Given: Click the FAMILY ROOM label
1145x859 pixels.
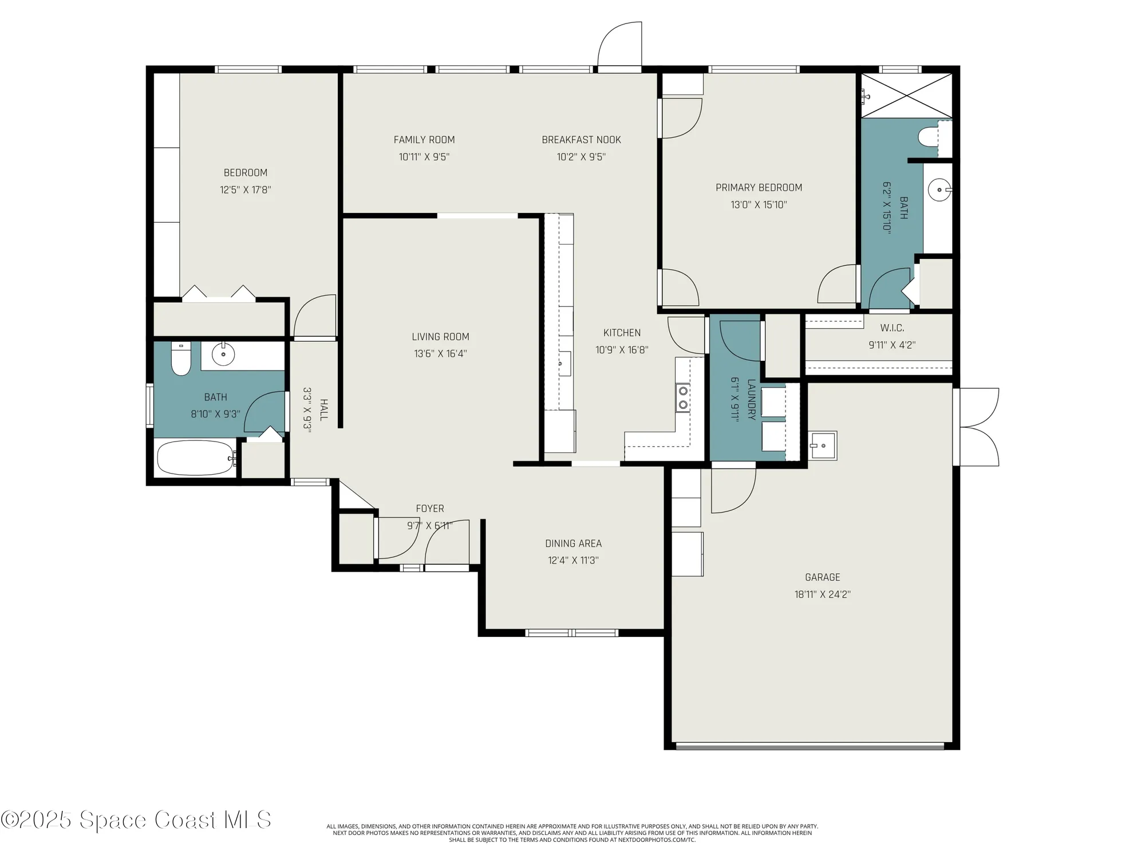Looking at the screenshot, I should (x=424, y=140).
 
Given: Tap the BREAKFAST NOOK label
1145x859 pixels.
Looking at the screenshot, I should (x=581, y=140).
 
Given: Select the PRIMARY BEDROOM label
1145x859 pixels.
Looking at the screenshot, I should (x=759, y=187).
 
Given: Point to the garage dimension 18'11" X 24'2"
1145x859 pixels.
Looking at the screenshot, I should (x=822, y=594).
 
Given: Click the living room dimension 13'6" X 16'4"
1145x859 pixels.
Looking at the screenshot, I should (x=440, y=354).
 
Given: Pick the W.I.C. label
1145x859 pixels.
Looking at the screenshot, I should (x=892, y=328).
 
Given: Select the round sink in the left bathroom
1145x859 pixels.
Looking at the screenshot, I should (x=223, y=355).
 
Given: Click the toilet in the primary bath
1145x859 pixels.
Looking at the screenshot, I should (x=927, y=137).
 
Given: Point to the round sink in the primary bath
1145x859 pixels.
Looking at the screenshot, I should (x=939, y=190).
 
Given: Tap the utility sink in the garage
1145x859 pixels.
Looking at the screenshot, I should (x=823, y=446).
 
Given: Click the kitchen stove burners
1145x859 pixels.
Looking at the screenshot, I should (x=682, y=397).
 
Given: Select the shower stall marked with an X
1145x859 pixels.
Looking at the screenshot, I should (x=907, y=96).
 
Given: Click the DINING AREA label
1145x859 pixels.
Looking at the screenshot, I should (x=573, y=543).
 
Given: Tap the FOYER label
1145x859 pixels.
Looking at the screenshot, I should (x=430, y=509).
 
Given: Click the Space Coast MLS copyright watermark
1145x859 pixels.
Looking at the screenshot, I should (x=136, y=820).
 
